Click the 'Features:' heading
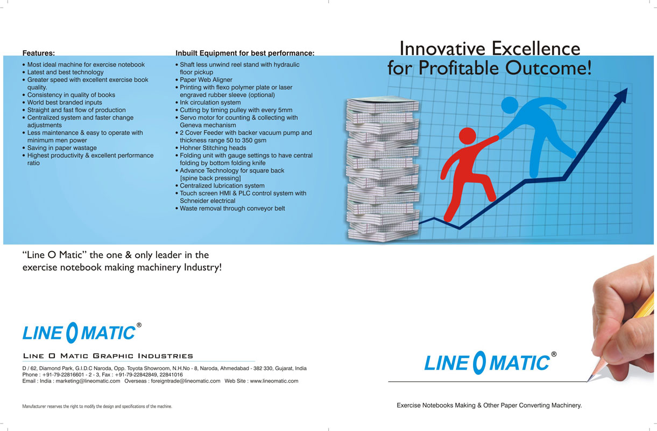(38, 53)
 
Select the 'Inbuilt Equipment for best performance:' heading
(245, 53)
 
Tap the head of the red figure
(467, 136)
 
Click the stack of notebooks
(383, 170)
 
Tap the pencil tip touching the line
(588, 380)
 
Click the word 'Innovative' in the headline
(442, 48)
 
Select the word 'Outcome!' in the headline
(548, 68)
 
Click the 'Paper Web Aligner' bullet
(206, 80)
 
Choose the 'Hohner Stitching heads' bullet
(213, 148)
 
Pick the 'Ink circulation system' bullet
(210, 102)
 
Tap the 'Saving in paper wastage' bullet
(61, 148)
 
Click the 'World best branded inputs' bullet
(65, 102)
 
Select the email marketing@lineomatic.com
(88, 381)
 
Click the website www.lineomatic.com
(274, 381)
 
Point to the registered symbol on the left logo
(139, 325)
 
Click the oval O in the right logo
(479, 363)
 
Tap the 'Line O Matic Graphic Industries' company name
(108, 356)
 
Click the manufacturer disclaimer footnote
(97, 406)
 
